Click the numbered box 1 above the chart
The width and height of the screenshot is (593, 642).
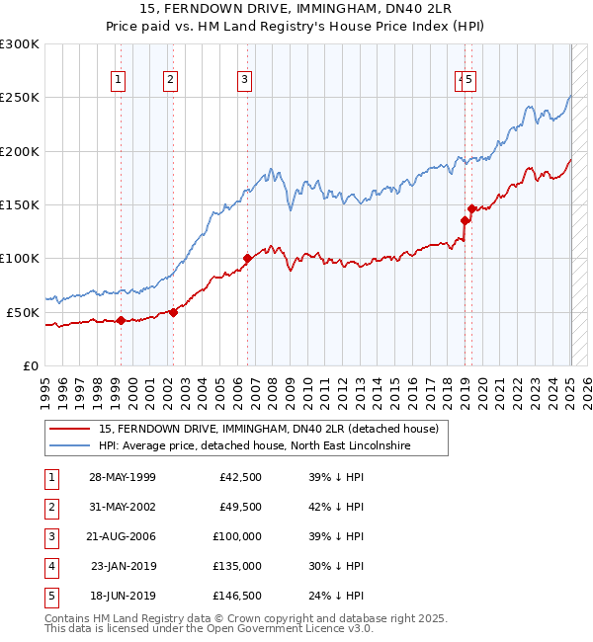coord(119,80)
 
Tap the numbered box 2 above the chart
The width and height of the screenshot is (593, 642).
coord(170,80)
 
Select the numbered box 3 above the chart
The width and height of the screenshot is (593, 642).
coord(244,80)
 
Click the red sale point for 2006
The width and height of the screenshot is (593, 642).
coord(247,259)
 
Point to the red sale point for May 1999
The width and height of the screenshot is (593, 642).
coord(121,320)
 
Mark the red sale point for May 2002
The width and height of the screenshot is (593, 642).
coord(173,312)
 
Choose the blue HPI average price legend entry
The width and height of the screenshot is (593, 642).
coord(255,445)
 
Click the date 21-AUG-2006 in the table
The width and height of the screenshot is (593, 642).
coord(122,535)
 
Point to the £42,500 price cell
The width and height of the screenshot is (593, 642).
coord(238,476)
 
